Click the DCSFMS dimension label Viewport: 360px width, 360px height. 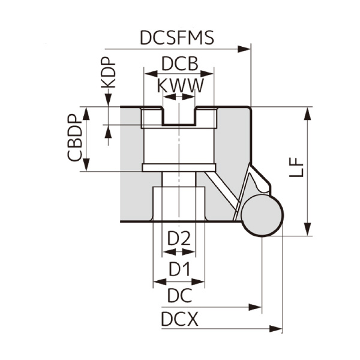point(176,38)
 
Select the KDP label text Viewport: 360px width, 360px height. point(108,74)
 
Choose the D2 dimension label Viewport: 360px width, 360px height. point(179,239)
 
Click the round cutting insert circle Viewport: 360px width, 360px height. point(262,215)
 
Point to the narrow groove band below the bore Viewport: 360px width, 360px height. point(179,167)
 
